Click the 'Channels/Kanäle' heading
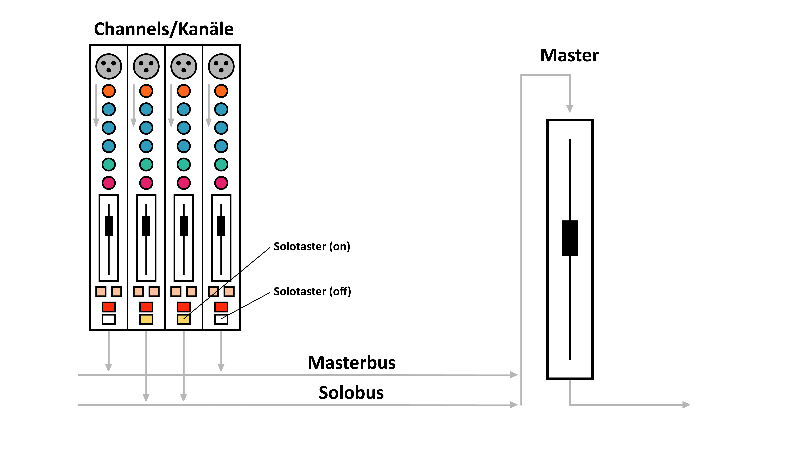coord(164,29)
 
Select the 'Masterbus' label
coord(352,363)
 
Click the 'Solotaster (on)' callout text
coord(312,246)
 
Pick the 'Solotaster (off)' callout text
coord(312,291)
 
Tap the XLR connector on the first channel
coord(109,66)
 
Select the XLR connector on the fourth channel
coord(221,66)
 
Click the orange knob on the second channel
coord(146,91)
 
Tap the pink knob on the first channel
coord(109,183)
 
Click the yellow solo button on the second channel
coord(146,319)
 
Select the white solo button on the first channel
coord(109,319)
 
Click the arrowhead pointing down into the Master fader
coord(570,109)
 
